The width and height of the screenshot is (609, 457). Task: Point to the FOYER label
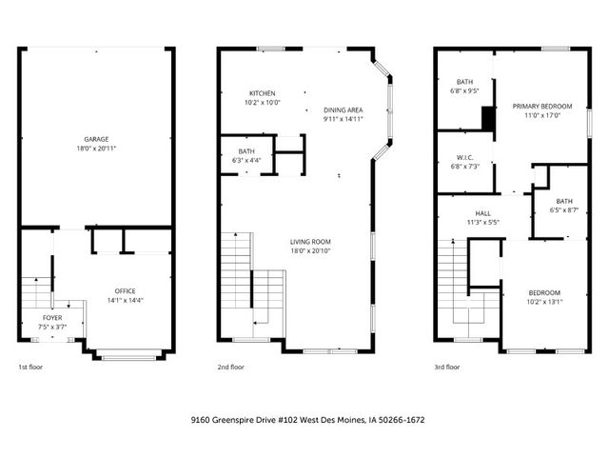click(52, 318)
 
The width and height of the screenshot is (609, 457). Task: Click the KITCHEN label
click(263, 93)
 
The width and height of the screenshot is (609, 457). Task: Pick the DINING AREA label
click(342, 109)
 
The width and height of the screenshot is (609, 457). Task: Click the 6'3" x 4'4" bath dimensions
click(246, 159)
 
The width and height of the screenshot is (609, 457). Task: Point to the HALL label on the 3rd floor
click(483, 213)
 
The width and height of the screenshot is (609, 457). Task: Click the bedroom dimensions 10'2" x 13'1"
click(545, 301)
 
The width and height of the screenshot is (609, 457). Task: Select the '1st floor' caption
click(30, 367)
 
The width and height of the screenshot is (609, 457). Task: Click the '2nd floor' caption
click(231, 367)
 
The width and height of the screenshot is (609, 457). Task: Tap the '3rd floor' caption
click(446, 367)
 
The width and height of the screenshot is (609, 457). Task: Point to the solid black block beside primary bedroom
click(488, 116)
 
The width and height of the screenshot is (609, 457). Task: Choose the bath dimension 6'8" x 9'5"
click(463, 92)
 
